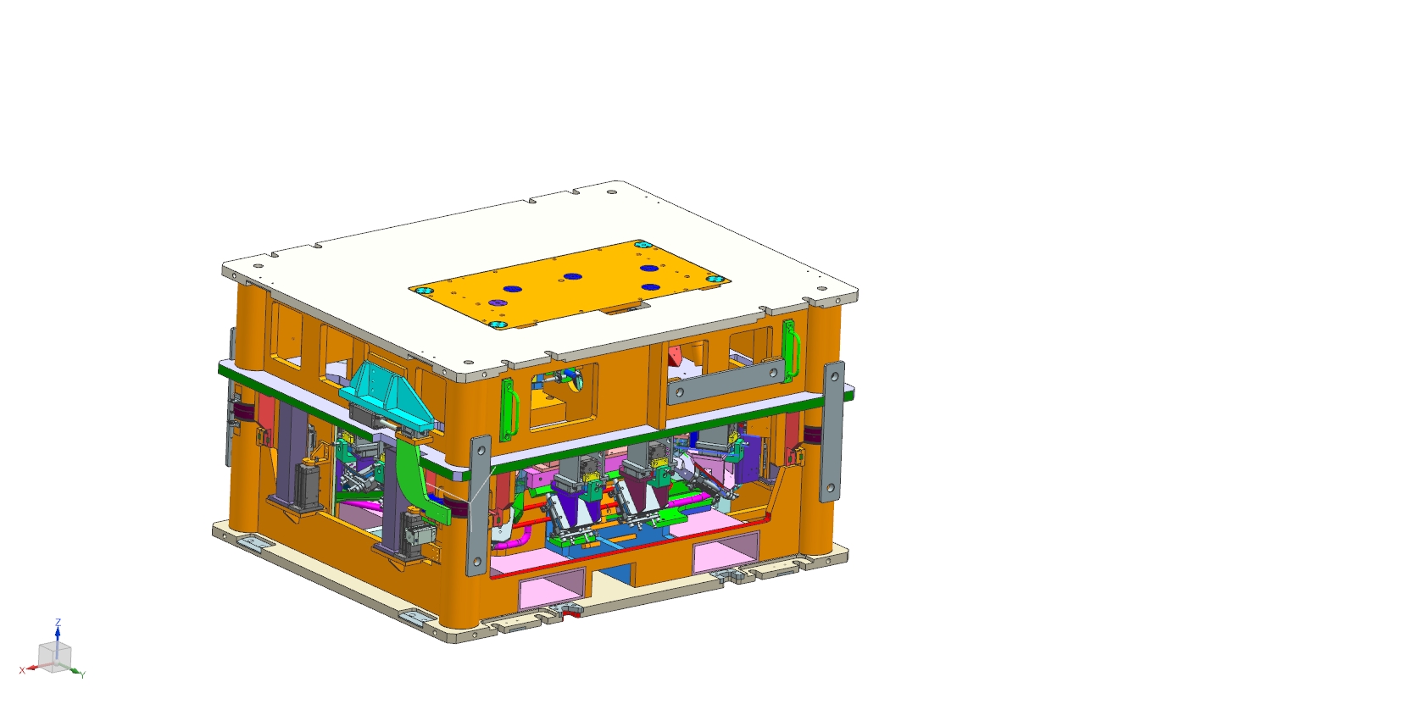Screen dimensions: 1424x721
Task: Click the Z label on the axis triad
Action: pos(58,622)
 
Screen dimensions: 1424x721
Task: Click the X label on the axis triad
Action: pos(22,670)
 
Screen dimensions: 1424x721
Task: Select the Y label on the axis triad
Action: pos(83,674)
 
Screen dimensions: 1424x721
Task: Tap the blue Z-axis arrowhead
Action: pos(58,631)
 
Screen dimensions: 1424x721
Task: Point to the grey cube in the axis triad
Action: pos(54,657)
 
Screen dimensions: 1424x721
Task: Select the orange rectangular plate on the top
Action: pos(569,284)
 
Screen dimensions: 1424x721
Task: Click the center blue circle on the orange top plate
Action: pos(573,276)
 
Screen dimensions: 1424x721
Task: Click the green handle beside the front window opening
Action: pos(509,410)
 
